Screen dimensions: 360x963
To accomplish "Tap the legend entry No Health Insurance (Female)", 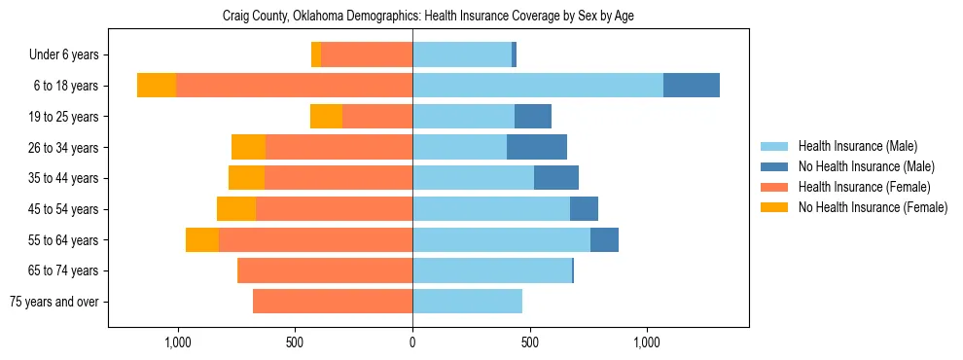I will pos(873,207).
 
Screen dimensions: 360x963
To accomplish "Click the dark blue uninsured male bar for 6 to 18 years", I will pos(691,86).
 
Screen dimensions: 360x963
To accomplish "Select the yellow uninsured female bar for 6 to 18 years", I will pos(157,86).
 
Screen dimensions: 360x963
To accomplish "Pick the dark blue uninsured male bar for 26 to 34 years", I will pos(537,148).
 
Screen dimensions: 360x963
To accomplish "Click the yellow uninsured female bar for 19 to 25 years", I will pos(326,117).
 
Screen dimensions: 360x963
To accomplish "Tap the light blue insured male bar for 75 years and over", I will pos(467,302).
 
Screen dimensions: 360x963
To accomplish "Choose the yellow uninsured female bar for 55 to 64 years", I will pos(202,240).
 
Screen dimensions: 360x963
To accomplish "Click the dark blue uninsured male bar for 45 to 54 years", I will pos(584,209).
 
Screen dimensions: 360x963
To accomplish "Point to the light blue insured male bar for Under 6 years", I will pos(462,55).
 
